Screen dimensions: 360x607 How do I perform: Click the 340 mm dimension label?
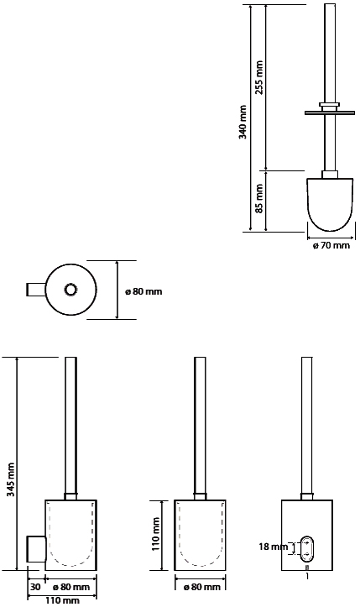243,122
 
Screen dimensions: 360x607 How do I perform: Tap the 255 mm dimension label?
259,77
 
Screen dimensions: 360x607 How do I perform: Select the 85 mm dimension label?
259,198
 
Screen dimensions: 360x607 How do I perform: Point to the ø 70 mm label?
331,245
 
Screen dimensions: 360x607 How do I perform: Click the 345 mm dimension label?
10,480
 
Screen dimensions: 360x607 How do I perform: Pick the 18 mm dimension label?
274,547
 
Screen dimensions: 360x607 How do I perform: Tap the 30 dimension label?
35,587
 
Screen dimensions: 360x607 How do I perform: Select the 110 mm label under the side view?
60,600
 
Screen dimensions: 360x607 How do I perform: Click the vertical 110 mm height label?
155,534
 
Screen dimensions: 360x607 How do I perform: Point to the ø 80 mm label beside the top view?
143,291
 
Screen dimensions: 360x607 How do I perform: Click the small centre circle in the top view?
70,290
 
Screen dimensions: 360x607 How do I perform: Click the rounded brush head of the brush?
330,204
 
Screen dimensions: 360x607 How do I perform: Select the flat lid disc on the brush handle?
330,113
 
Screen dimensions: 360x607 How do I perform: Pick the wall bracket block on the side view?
36,549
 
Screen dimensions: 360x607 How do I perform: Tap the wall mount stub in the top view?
36,290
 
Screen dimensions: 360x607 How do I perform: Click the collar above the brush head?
330,174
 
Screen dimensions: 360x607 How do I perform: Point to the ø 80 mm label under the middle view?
202,587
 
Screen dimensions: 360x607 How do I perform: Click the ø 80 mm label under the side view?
71,587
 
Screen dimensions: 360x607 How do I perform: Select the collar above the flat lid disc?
330,106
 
